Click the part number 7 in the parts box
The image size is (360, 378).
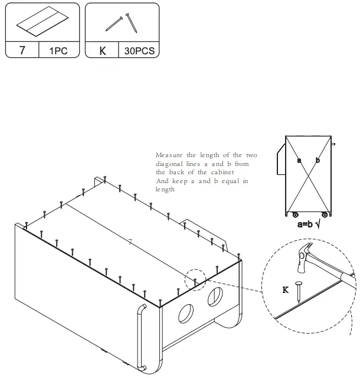click(x=22, y=50)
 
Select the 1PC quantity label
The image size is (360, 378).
click(x=58, y=50)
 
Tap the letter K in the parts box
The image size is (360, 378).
click(x=102, y=50)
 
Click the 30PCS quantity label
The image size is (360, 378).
click(x=139, y=50)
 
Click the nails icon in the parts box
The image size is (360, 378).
click(x=122, y=23)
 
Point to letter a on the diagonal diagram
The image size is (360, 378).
click(x=299, y=160)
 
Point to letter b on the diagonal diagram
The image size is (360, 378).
click(x=318, y=160)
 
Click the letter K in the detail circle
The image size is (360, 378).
click(x=286, y=289)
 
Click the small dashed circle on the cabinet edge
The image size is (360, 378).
click(x=195, y=279)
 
